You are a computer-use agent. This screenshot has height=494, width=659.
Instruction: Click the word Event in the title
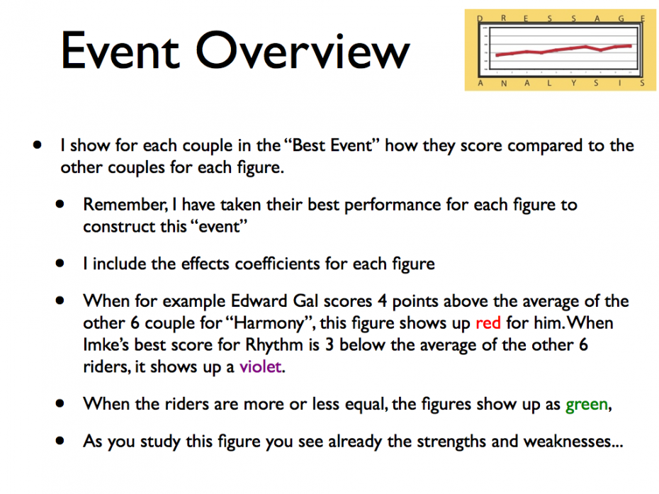tap(120, 50)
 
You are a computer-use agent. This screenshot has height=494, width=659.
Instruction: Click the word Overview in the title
tap(303, 50)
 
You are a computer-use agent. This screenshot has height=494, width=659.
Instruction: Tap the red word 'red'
tap(488, 323)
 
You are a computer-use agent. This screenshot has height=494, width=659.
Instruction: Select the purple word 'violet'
tap(261, 366)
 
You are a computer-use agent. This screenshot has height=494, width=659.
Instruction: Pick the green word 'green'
tap(587, 405)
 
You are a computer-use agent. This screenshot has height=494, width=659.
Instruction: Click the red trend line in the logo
tap(563, 50)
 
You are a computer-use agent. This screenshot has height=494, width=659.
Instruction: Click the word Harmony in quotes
tap(269, 323)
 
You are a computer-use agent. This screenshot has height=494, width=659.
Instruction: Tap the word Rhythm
tap(274, 344)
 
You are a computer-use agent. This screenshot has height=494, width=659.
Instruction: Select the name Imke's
tap(106, 344)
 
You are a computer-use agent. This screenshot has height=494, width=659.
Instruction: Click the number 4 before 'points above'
tap(382, 301)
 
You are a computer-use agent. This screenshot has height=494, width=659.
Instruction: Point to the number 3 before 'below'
tap(329, 344)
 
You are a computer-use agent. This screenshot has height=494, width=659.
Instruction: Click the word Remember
tap(125, 205)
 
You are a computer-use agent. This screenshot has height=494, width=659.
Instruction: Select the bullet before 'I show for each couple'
tap(38, 145)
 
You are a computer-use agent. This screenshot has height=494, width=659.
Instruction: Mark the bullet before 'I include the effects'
tap(60, 264)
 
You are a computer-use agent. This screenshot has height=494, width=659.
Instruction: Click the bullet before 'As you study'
tap(60, 441)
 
